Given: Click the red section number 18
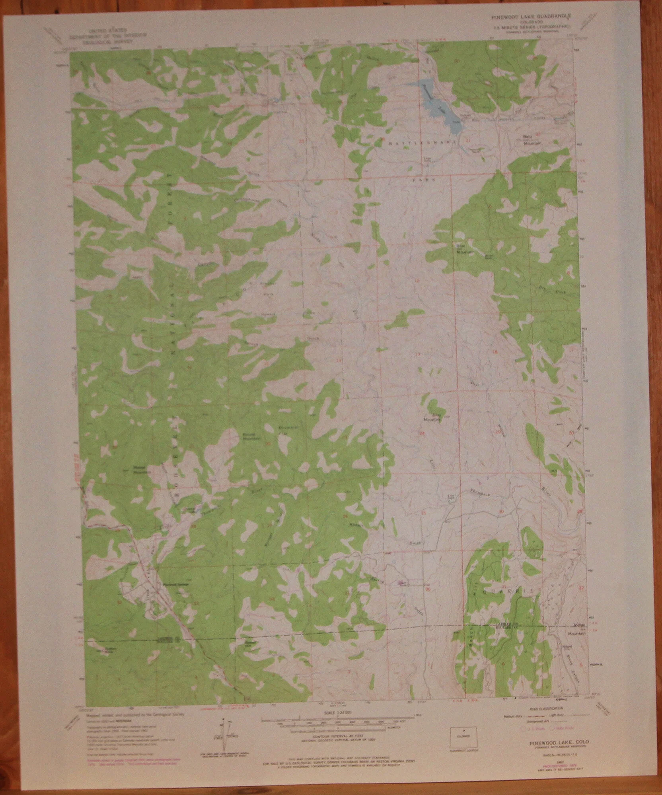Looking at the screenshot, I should (495, 352).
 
